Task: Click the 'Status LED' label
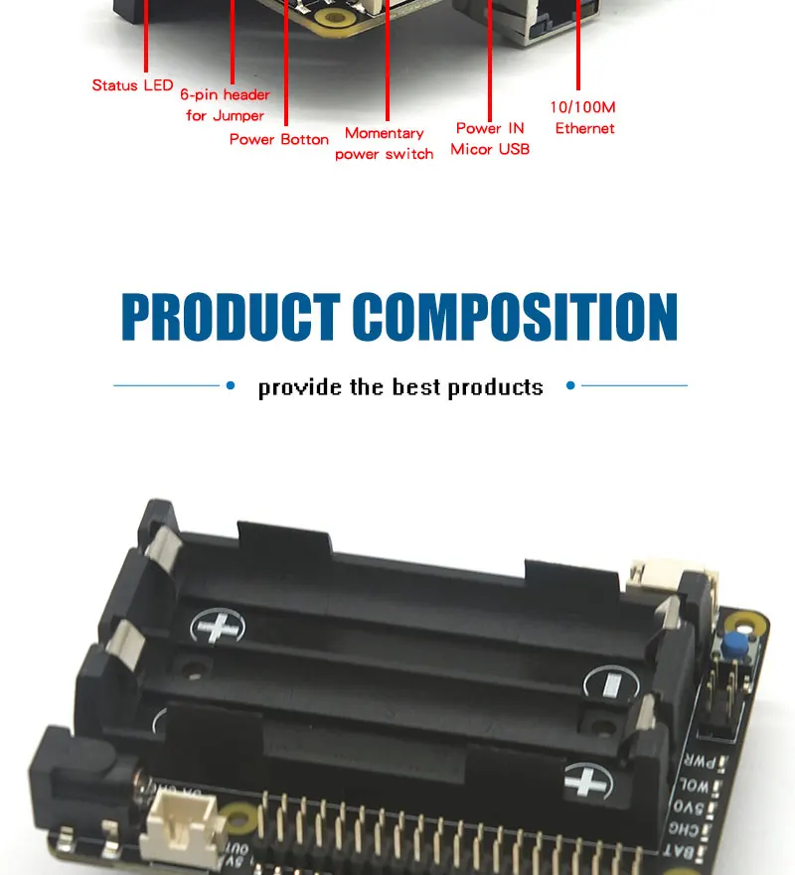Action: pos(132,85)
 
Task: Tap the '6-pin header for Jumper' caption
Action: pos(225,105)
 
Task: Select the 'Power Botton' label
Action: pos(278,139)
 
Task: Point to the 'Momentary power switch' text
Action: pos(385,144)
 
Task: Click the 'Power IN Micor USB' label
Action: pos(490,139)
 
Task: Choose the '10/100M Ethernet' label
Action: pos(584,117)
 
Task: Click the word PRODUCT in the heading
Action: pos(231,318)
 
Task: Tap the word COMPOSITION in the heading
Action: pos(515,318)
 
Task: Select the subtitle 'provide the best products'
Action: pos(400,386)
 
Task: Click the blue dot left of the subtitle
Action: pos(231,385)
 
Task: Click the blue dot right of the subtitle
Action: pos(570,385)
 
